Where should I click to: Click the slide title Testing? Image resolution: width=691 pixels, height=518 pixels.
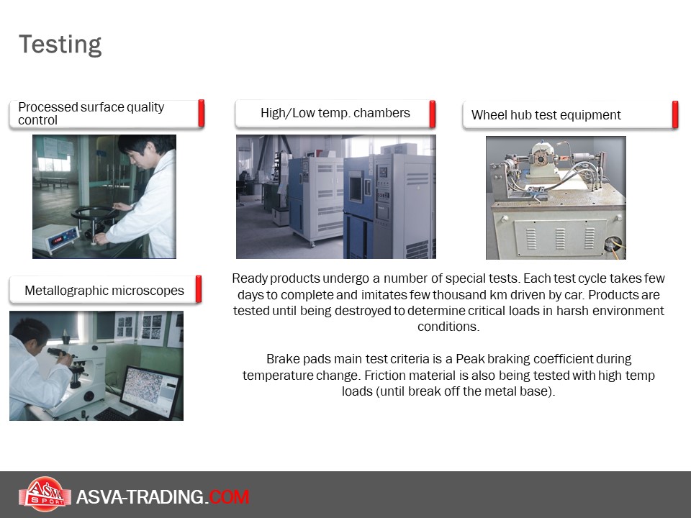(x=60, y=45)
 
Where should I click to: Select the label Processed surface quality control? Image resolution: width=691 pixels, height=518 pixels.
(x=91, y=114)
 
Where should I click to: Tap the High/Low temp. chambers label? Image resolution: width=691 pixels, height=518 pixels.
(x=335, y=113)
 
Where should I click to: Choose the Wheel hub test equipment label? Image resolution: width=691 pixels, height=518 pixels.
(x=546, y=115)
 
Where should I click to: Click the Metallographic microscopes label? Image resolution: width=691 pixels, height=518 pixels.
(x=104, y=291)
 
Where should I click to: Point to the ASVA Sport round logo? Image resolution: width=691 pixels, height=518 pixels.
(x=45, y=494)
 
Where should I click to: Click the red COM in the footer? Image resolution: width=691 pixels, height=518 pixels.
(x=229, y=497)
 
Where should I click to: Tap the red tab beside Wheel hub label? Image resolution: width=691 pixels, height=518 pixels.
(x=674, y=114)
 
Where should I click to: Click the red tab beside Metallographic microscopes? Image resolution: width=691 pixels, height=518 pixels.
(x=199, y=289)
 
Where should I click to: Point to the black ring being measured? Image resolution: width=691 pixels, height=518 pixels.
(x=94, y=214)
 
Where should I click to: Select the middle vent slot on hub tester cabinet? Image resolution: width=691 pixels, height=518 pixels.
(x=560, y=238)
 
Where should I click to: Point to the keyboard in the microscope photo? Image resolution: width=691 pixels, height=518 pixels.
(x=111, y=414)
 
